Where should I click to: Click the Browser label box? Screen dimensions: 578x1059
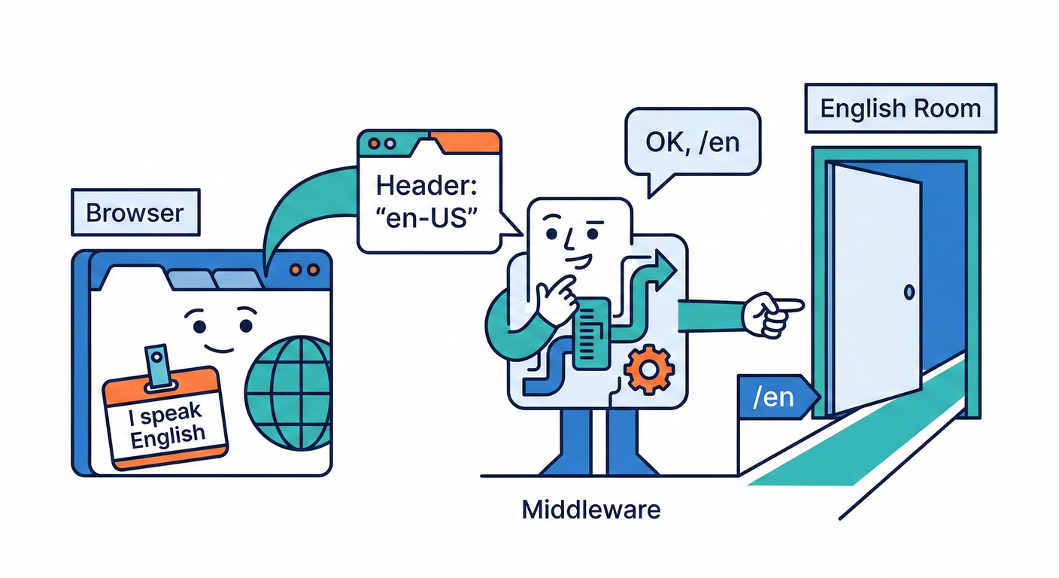coord(135,212)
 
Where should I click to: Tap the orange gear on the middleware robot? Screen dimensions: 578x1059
coord(649,370)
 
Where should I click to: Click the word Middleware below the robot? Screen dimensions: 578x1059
coord(591,510)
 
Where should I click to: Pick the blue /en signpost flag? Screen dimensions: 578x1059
coord(775,396)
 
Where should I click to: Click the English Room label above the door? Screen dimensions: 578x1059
coord(900,108)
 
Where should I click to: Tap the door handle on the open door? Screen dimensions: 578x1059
coord(909,291)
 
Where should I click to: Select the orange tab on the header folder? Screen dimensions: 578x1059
coord(464,141)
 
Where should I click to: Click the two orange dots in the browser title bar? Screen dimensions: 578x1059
coord(305,269)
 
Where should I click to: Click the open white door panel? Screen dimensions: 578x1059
coord(876,286)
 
